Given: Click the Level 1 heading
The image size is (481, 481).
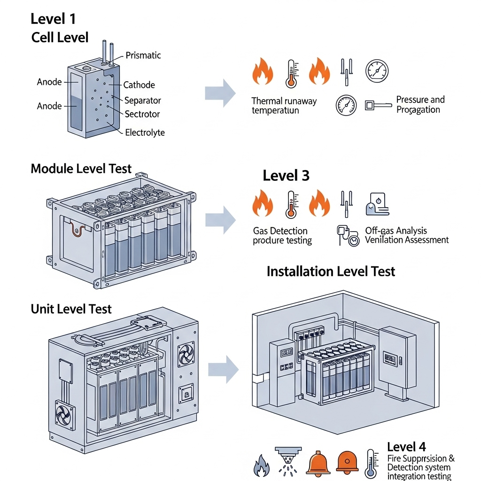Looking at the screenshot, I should (53, 19).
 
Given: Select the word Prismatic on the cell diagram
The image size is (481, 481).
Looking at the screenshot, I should (143, 55).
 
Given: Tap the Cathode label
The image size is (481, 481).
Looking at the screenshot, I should (139, 85).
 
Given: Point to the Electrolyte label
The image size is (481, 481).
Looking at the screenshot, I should (145, 132).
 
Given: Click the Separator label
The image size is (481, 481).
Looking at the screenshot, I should (142, 101).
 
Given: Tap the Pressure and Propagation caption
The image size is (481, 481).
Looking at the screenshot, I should (419, 105).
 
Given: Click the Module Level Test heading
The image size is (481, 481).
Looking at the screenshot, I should (81, 169).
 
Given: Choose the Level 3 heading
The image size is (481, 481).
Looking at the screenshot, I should (286, 176).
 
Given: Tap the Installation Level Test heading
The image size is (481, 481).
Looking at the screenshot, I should (331, 272).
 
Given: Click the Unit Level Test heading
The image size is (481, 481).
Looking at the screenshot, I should (71, 309).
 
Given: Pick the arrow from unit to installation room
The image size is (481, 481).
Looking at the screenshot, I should (224, 369).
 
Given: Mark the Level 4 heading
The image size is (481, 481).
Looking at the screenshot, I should (406, 447).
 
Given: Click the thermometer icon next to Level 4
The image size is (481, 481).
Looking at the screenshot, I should (371, 464).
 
